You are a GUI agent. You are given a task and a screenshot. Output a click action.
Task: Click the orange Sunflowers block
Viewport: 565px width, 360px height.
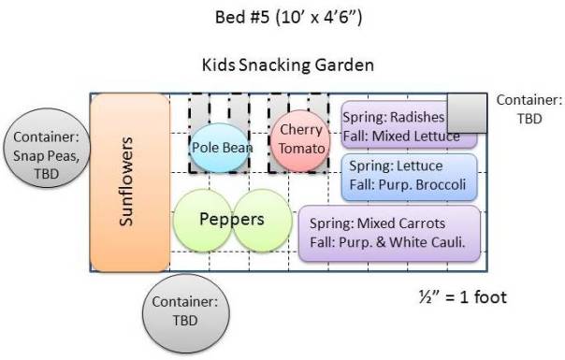click(x=129, y=183)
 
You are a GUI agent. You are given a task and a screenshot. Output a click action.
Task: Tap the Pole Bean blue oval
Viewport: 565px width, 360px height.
click(x=219, y=147)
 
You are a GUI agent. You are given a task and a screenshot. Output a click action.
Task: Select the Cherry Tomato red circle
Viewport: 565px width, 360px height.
click(x=300, y=139)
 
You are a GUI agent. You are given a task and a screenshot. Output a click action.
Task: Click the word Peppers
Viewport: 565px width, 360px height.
click(x=232, y=220)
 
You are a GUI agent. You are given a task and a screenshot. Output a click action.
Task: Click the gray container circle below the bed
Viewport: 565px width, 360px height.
click(x=185, y=312)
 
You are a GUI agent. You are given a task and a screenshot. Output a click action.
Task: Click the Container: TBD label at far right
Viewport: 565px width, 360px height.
click(x=529, y=108)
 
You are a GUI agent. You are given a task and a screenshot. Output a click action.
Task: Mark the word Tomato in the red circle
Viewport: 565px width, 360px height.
click(x=301, y=149)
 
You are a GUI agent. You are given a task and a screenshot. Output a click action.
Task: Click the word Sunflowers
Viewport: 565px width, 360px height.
click(x=128, y=183)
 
